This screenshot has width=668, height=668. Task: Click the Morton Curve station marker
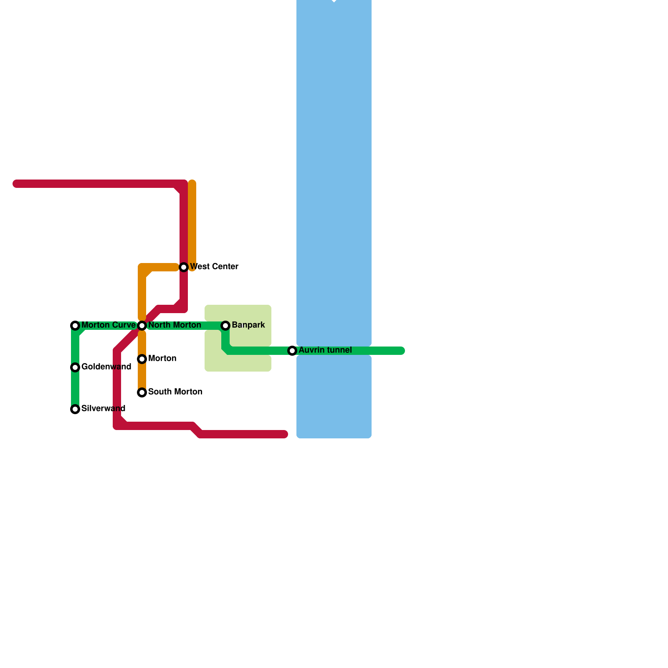click(x=75, y=326)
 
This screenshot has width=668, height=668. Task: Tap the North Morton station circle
click(x=142, y=326)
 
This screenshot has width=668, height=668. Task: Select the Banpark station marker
click(x=225, y=326)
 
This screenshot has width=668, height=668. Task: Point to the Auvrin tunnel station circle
click(x=292, y=351)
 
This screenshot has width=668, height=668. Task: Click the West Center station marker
click(x=184, y=267)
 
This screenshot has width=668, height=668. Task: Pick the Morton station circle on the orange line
click(x=142, y=359)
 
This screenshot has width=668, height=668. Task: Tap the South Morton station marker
click(x=142, y=392)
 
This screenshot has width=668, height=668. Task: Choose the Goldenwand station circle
click(x=75, y=367)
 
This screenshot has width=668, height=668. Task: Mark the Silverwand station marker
click(x=75, y=409)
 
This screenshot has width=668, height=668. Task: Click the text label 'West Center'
click(x=214, y=266)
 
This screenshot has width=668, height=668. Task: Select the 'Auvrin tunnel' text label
click(x=325, y=350)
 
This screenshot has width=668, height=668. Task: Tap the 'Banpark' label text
click(x=248, y=325)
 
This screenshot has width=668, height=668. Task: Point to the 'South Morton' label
click(x=175, y=392)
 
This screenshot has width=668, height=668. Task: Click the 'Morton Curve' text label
click(x=108, y=325)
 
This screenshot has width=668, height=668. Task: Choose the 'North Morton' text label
click(x=175, y=325)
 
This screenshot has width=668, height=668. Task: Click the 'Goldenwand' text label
click(x=106, y=367)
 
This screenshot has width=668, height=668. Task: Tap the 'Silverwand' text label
click(x=103, y=408)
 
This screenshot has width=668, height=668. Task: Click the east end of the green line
click(x=402, y=351)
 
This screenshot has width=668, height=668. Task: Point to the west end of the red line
click(x=16, y=184)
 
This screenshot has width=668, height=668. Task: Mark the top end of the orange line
click(x=192, y=183)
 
